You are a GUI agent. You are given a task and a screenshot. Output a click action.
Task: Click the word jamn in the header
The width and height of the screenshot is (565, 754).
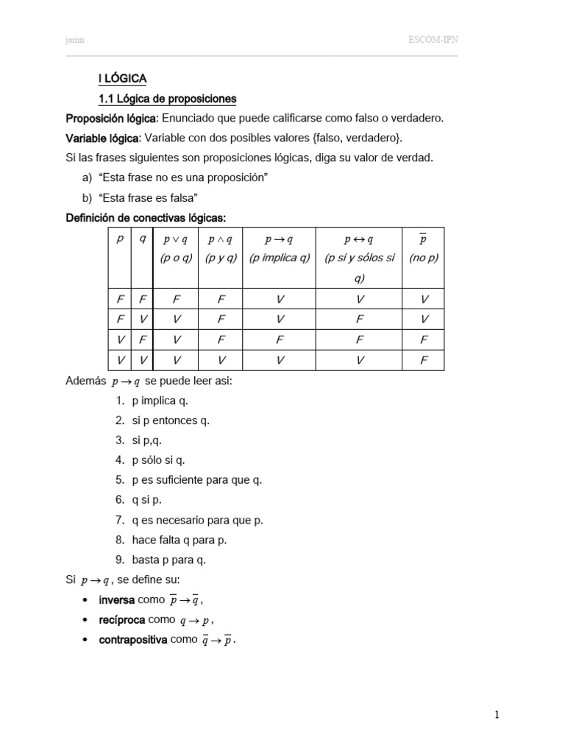pos(75,40)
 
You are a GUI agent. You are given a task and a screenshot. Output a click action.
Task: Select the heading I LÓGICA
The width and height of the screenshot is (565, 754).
pos(123,79)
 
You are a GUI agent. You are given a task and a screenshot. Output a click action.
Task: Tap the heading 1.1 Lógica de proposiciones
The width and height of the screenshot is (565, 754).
pos(167,99)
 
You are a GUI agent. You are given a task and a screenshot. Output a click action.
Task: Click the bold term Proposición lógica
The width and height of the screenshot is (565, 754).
pos(110,119)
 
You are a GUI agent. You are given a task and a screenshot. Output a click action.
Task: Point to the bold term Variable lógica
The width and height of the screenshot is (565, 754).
pos(102,138)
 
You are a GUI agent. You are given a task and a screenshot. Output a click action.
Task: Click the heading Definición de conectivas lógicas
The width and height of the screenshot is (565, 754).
pos(146,218)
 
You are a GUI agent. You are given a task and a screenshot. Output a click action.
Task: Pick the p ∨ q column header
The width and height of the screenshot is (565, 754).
pos(176,239)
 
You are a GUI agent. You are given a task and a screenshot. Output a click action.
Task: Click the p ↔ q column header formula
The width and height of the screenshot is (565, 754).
pos(359,239)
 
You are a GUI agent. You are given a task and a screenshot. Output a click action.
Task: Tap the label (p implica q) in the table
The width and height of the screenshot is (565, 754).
pos(280,258)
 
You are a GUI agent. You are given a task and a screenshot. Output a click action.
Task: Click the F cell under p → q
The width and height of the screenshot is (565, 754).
pos(280,341)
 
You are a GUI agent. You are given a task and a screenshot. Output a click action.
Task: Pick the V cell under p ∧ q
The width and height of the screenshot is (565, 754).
pos(221,360)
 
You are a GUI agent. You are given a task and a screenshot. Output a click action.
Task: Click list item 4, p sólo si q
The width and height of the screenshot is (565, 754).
pos(158,460)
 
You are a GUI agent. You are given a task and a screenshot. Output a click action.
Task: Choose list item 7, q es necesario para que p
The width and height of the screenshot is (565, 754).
pos(197,520)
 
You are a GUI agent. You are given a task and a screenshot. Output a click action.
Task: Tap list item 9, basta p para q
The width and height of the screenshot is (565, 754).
pos(169,560)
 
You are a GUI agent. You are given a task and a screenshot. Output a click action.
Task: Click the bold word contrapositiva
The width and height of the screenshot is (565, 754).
pos(132,640)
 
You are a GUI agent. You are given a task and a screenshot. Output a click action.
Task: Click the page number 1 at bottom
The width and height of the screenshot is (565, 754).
pos(497,714)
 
